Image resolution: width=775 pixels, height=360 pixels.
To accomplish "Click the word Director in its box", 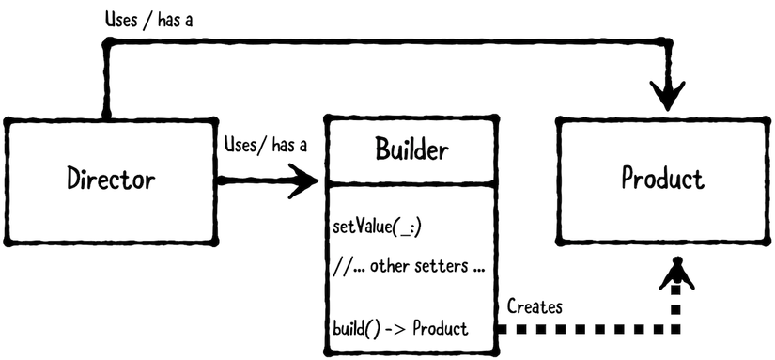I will [x=111, y=178].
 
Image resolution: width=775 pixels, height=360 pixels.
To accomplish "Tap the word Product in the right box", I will [x=662, y=178].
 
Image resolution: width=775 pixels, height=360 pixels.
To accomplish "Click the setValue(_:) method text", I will [x=372, y=227].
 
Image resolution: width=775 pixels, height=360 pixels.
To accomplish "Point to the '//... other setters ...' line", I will [x=408, y=266].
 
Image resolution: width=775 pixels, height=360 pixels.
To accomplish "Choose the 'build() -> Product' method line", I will [x=400, y=329].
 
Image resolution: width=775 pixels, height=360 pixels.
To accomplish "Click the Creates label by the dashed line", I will [x=535, y=306].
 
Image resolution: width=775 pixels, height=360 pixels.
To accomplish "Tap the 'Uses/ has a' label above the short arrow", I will [x=266, y=145].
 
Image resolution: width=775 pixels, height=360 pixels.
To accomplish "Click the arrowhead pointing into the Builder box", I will [x=305, y=179].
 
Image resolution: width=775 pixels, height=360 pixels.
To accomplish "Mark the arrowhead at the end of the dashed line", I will [x=674, y=275].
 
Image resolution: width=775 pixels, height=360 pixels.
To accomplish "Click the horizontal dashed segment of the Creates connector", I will [x=582, y=330].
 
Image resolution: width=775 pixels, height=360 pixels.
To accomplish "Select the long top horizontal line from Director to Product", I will [x=376, y=41].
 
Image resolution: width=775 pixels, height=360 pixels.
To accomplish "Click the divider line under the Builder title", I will [x=411, y=184].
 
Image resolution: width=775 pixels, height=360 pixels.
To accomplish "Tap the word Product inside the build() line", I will [x=441, y=329].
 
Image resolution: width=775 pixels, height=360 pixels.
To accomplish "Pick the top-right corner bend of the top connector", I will [x=669, y=42].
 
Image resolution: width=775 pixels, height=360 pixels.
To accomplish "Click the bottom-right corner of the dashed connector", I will [x=674, y=330].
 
